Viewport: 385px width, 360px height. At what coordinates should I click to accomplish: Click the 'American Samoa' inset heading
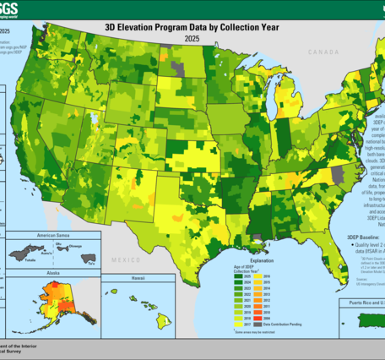coord(52,235)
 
